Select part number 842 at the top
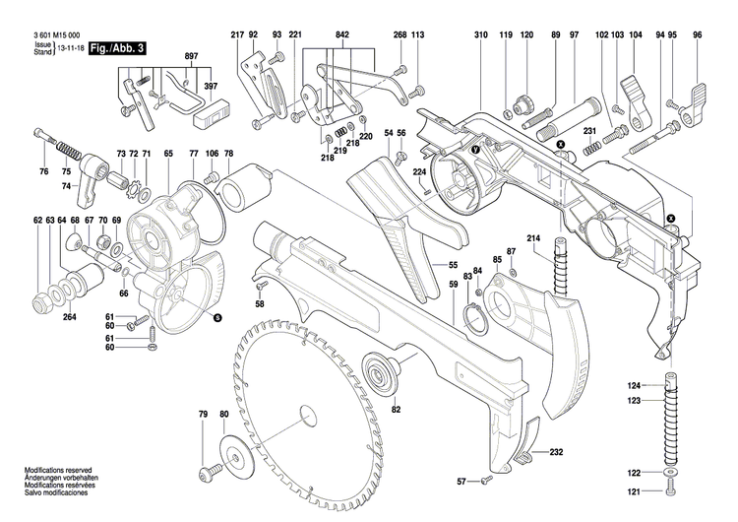click(341, 35)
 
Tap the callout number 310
click(480, 35)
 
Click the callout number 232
click(556, 424)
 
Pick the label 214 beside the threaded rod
click(533, 238)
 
